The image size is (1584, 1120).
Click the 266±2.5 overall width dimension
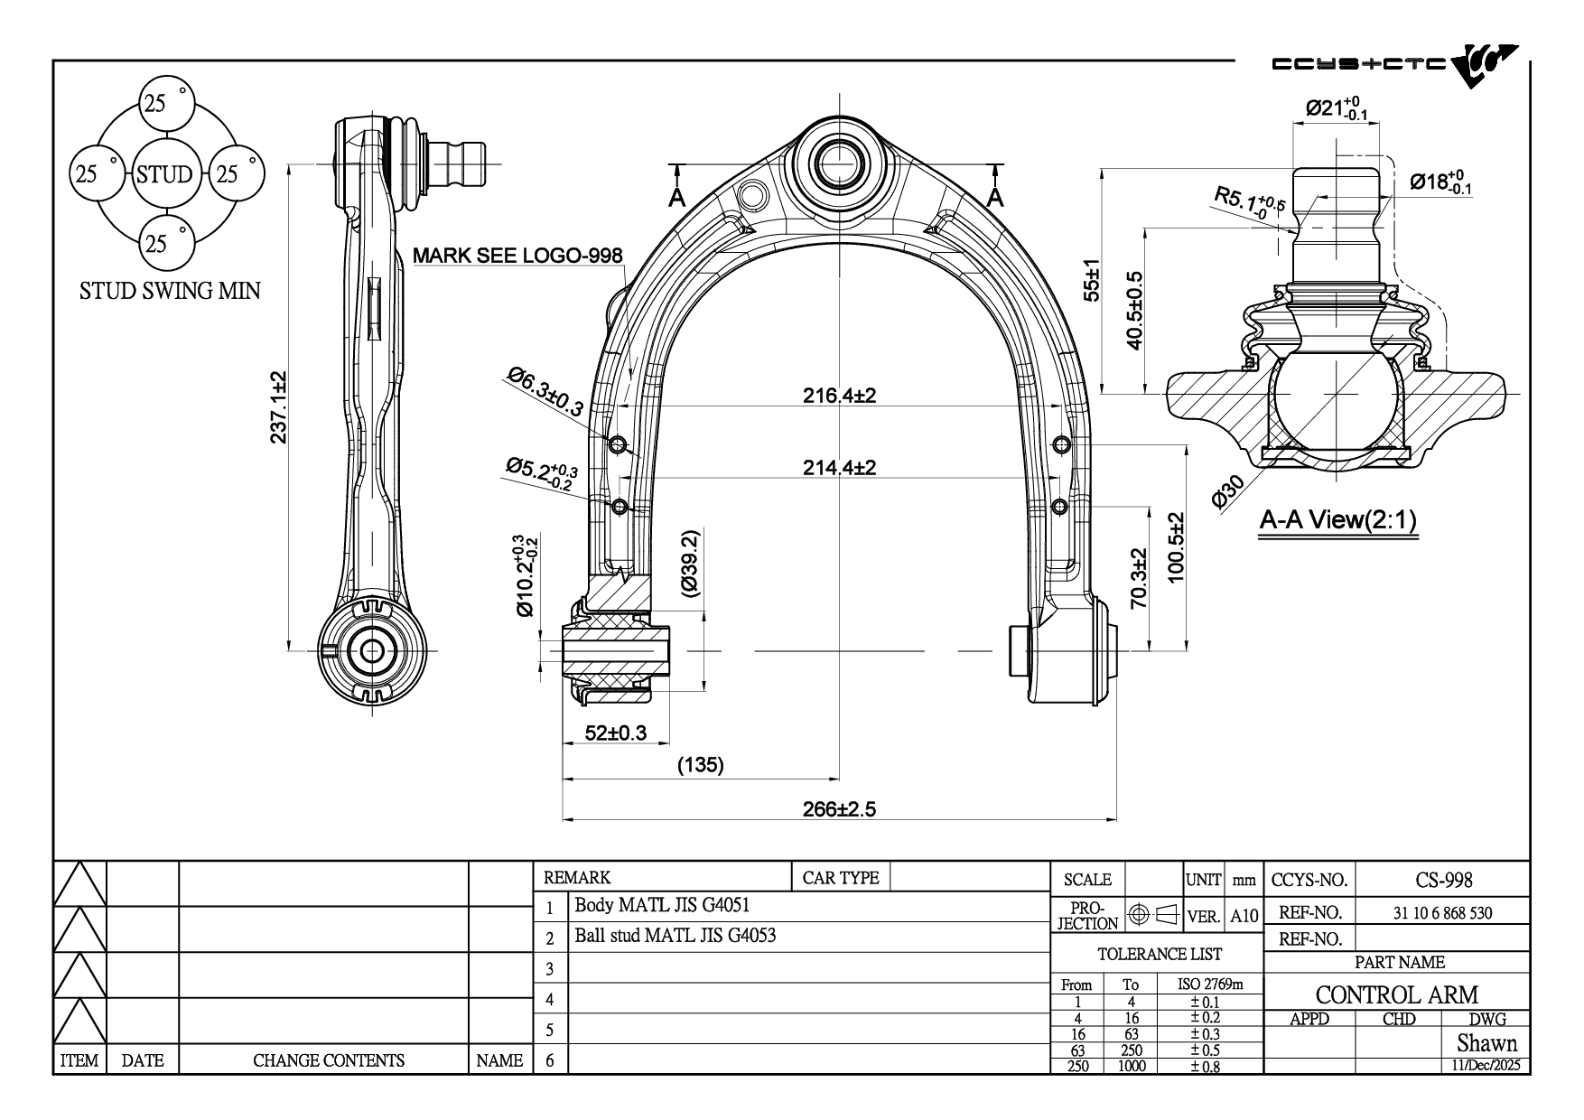[x=839, y=809]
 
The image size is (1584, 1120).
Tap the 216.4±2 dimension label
[x=839, y=396]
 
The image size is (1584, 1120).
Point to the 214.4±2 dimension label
[x=839, y=468]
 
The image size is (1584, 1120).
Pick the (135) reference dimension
[x=701, y=766]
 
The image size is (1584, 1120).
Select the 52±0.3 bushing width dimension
[x=616, y=733]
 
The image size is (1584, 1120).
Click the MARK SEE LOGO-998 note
[x=517, y=256]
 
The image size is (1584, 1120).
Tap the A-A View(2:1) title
[x=1338, y=519]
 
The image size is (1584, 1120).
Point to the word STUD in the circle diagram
[x=164, y=174]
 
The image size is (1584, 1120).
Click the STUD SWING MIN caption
[x=170, y=291]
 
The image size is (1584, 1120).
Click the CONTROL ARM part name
[x=1396, y=994]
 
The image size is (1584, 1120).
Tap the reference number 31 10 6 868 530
[x=1442, y=913]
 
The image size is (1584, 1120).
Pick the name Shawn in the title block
[x=1486, y=1043]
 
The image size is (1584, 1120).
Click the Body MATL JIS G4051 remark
[x=662, y=905]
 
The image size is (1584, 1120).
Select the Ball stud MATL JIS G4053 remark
[x=675, y=936]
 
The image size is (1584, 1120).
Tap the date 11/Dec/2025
[x=1486, y=1066]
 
